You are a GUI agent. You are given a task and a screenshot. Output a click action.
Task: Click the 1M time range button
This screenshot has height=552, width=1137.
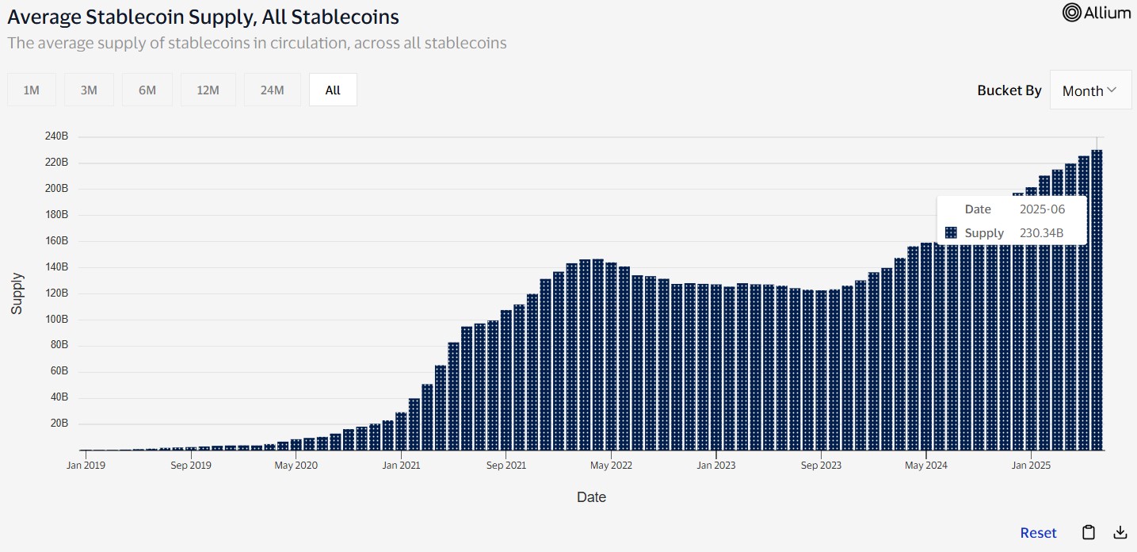pos(32,90)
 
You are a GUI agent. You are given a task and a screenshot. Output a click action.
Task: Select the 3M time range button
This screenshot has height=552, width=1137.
pos(89,90)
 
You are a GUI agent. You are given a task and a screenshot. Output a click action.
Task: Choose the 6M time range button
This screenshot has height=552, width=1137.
pos(147,90)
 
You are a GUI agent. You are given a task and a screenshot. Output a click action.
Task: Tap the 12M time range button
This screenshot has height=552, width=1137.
pos(208,90)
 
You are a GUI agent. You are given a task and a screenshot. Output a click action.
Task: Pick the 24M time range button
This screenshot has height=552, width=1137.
pos(272,90)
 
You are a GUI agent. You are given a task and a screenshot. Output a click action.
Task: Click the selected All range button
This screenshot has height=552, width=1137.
pos(333,90)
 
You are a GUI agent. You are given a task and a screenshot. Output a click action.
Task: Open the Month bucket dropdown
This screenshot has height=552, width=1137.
pos(1090,90)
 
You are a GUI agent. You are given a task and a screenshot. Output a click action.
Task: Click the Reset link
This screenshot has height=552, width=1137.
pos(1038,533)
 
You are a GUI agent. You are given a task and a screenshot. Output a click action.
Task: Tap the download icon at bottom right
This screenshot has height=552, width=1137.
pos(1120,532)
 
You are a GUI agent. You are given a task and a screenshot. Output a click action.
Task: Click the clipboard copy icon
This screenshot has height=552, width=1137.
pos(1089,532)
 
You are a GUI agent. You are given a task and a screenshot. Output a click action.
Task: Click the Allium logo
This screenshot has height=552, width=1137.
pos(1097,13)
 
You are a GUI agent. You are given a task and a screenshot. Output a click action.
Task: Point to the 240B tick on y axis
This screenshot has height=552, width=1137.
pos(56,136)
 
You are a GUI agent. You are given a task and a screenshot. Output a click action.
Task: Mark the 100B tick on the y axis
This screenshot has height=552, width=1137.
pos(56,319)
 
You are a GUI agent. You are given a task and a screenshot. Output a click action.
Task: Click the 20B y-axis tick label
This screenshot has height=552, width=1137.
pos(59,424)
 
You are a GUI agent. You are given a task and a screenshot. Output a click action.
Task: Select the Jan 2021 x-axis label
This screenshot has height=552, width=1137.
pos(401,466)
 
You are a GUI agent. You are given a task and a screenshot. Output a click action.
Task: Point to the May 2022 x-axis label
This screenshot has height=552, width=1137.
pos(611,466)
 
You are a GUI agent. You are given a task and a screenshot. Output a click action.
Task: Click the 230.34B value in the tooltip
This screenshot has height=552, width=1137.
pos(1041,233)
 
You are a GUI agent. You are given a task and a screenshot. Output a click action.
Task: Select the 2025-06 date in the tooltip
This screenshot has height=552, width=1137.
pos(1042,209)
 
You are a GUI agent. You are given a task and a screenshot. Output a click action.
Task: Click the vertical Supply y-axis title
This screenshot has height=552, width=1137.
pos(17,293)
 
